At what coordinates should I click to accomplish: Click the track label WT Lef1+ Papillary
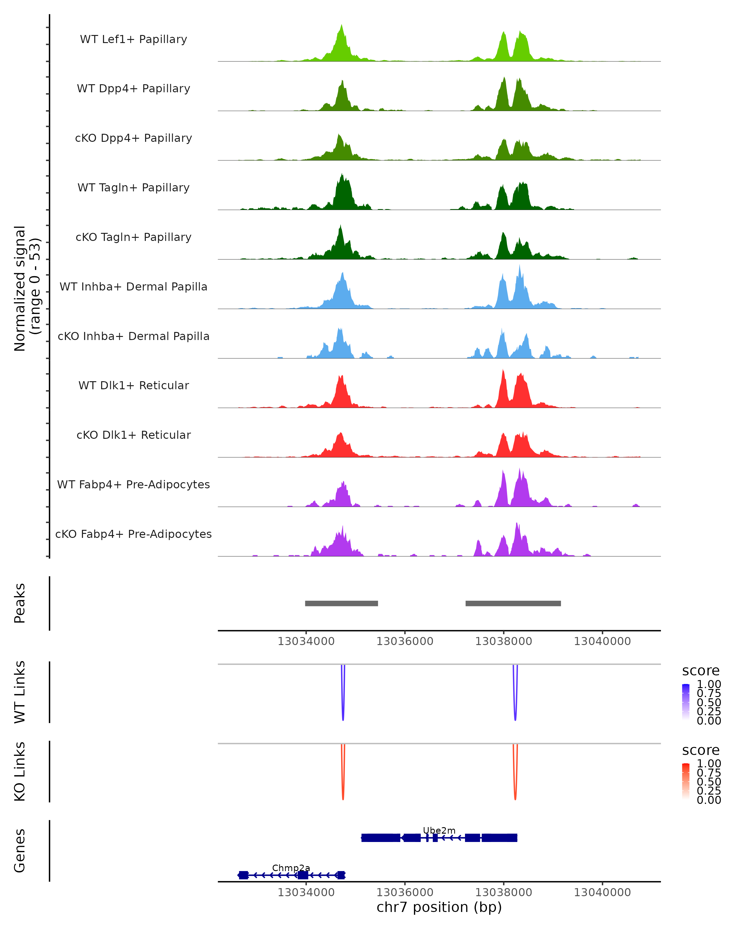(133, 39)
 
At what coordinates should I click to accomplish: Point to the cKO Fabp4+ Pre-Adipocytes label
(133, 534)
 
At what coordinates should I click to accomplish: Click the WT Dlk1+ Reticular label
(133, 386)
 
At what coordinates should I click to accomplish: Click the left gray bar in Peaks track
(341, 603)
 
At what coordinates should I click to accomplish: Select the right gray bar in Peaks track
(513, 603)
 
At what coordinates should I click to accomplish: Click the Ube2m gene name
(439, 830)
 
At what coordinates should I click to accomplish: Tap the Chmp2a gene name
(291, 868)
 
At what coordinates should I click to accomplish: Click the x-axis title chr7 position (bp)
(439, 907)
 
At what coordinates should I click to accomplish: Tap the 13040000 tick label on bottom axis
(602, 892)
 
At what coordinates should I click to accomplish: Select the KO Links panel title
(20, 771)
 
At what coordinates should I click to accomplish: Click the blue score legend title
(701, 670)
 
